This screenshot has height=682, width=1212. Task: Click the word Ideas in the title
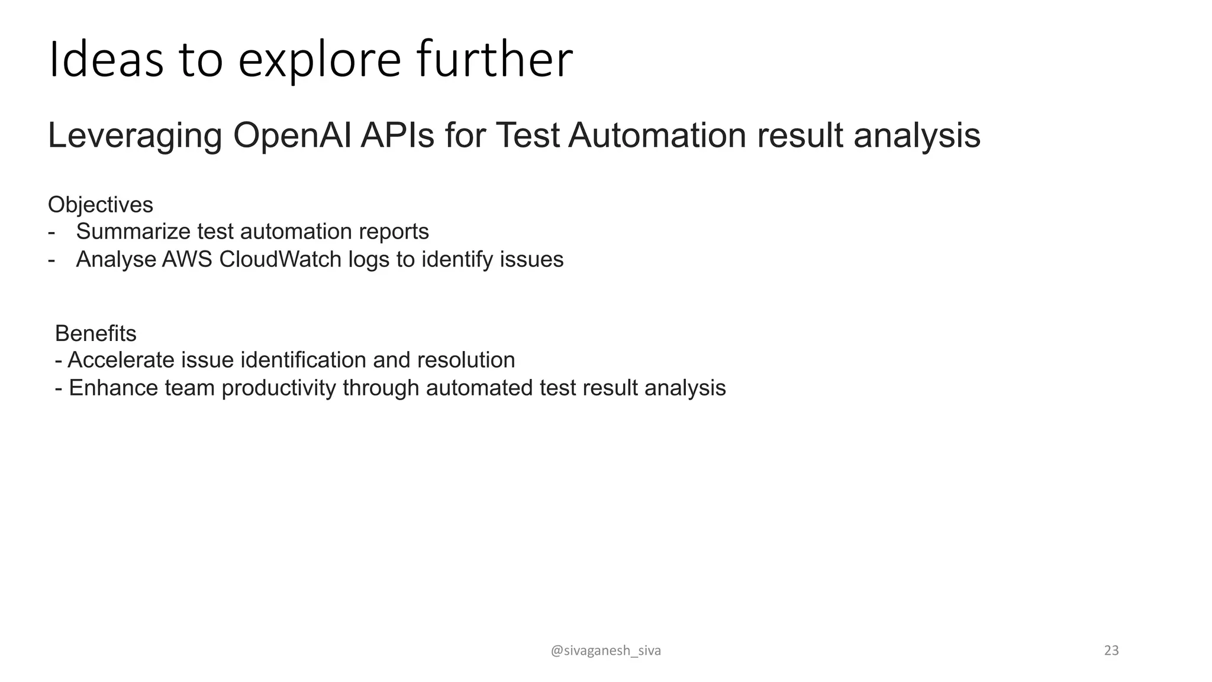(x=106, y=59)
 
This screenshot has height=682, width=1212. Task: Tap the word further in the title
(x=494, y=59)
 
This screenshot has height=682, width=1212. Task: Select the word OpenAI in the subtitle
(x=292, y=136)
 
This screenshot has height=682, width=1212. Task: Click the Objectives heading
(x=100, y=205)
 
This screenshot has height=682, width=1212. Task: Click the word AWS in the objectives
(x=187, y=259)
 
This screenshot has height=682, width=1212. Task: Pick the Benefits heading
(x=95, y=334)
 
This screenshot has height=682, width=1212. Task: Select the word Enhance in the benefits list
(x=113, y=388)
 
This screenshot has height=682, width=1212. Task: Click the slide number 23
(x=1111, y=651)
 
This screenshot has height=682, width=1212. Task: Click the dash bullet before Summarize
(x=51, y=232)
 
